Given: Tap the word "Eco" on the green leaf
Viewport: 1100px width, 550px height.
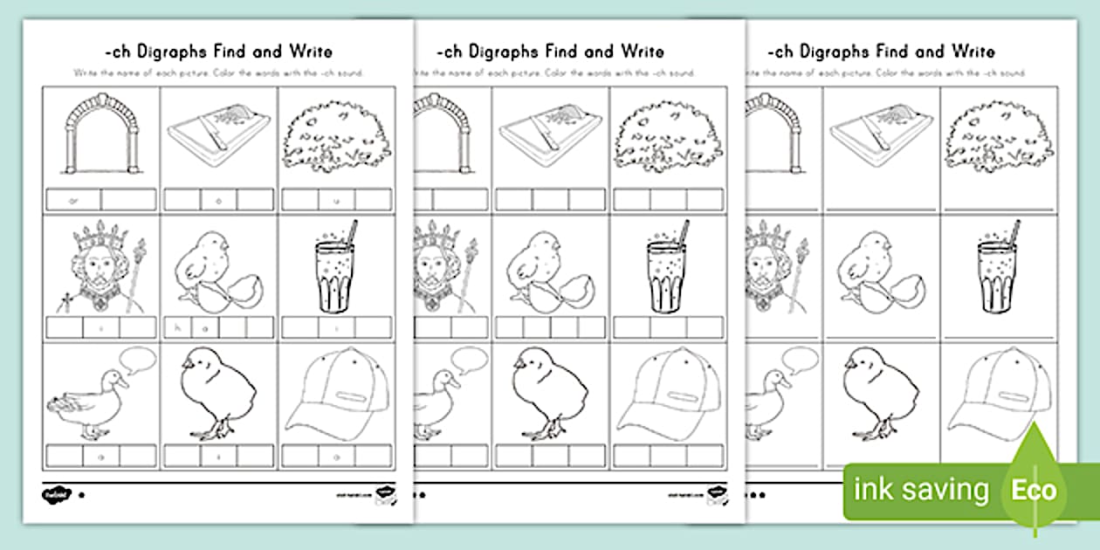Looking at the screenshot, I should pos(1033,490).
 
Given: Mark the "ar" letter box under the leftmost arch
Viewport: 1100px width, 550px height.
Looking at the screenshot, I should pos(73,199).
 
